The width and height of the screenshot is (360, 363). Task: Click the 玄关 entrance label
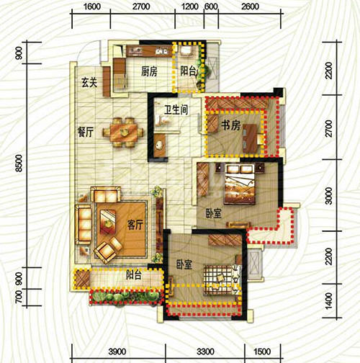(x=89, y=82)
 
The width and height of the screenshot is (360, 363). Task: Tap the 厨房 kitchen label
(x=149, y=71)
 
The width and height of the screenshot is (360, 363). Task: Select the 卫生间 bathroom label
(x=176, y=110)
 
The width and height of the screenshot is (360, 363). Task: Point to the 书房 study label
(x=230, y=125)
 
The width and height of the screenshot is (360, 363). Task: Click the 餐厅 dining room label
(x=86, y=132)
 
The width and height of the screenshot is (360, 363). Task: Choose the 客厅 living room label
(x=135, y=225)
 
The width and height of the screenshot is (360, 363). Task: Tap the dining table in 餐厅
(x=123, y=132)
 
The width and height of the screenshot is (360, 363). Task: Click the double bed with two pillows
(x=240, y=184)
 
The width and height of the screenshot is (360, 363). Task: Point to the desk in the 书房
(x=251, y=138)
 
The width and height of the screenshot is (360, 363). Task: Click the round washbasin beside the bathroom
(x=159, y=145)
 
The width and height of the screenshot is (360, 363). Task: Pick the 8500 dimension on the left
(x=19, y=163)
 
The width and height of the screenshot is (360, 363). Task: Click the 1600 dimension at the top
(x=92, y=6)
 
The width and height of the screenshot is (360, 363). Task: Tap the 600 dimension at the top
(x=211, y=6)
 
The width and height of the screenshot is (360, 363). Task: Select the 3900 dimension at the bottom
(x=117, y=351)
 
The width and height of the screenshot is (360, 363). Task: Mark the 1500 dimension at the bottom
(x=262, y=351)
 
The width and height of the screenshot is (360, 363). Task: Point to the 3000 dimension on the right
(x=329, y=196)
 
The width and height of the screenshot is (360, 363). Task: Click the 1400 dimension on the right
(x=329, y=301)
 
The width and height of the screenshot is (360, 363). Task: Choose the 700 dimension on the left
(x=19, y=297)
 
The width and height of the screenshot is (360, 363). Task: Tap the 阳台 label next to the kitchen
(x=189, y=71)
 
